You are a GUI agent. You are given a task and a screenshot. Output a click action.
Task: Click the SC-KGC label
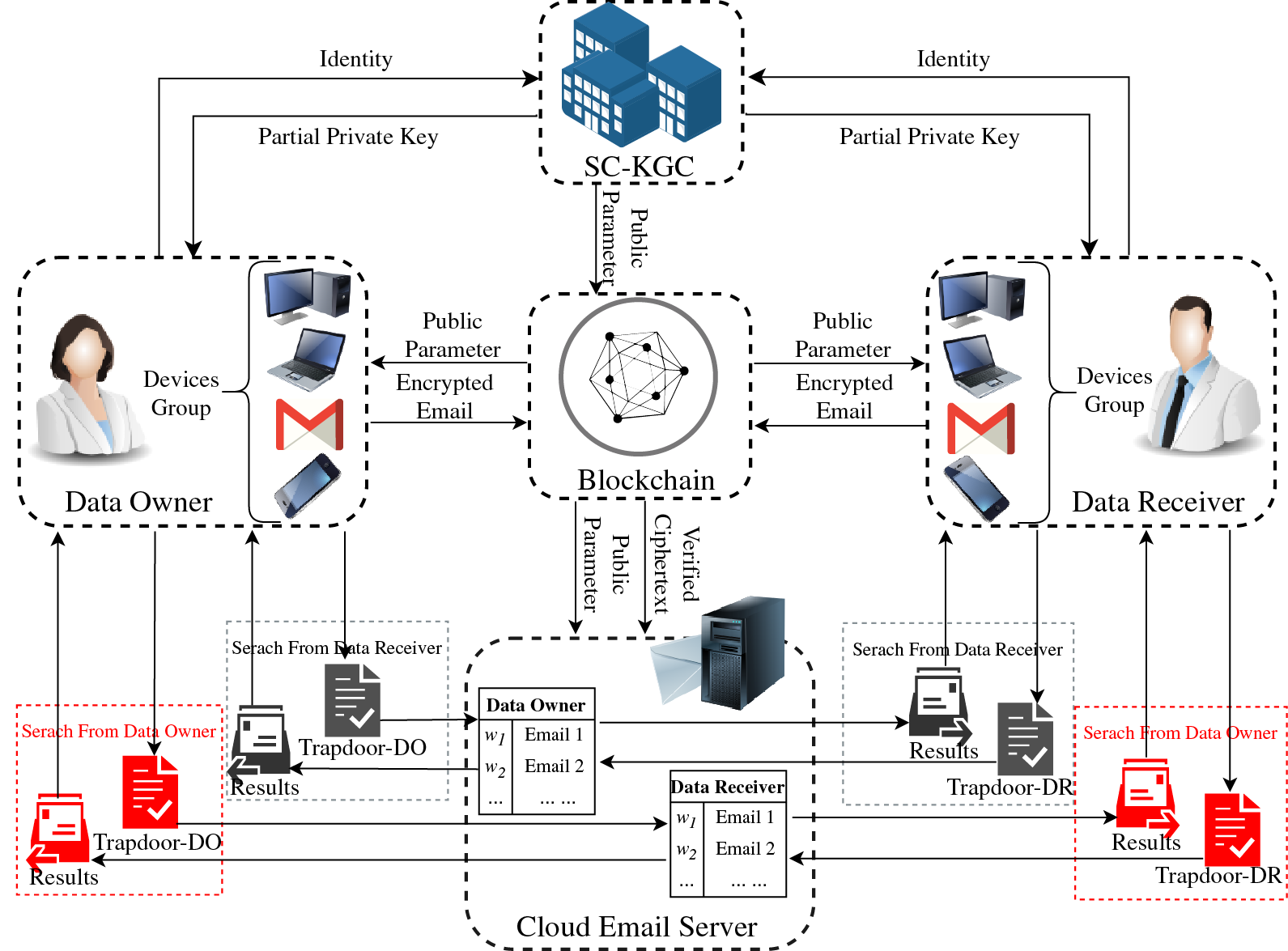tap(639, 167)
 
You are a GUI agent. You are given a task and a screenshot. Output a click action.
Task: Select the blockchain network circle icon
tap(638, 376)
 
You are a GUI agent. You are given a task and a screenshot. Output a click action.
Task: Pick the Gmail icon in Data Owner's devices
tap(309, 424)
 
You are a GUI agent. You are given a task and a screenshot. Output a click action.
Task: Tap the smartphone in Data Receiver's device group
tap(977, 488)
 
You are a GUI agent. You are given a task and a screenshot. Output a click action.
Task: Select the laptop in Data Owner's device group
tap(307, 359)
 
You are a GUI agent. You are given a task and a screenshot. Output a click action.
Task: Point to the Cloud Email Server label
tap(636, 927)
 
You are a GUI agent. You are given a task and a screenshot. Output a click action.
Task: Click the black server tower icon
tap(741, 652)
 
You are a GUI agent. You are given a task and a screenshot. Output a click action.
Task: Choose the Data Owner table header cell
tap(536, 705)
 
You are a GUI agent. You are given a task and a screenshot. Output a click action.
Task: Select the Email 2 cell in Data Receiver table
tap(745, 849)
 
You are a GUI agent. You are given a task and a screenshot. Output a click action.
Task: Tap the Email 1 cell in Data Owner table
tap(554, 735)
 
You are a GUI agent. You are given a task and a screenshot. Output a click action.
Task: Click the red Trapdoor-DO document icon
tap(150, 792)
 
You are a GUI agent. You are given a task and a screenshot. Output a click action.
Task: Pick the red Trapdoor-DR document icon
tap(1232, 830)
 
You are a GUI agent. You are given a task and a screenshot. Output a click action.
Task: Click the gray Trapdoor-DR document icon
tap(1025, 739)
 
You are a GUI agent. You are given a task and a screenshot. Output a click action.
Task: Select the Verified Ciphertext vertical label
tap(676, 564)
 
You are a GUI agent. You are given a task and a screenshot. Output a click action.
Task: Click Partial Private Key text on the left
tap(348, 137)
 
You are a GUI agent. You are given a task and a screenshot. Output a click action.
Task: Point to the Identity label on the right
tap(953, 59)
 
